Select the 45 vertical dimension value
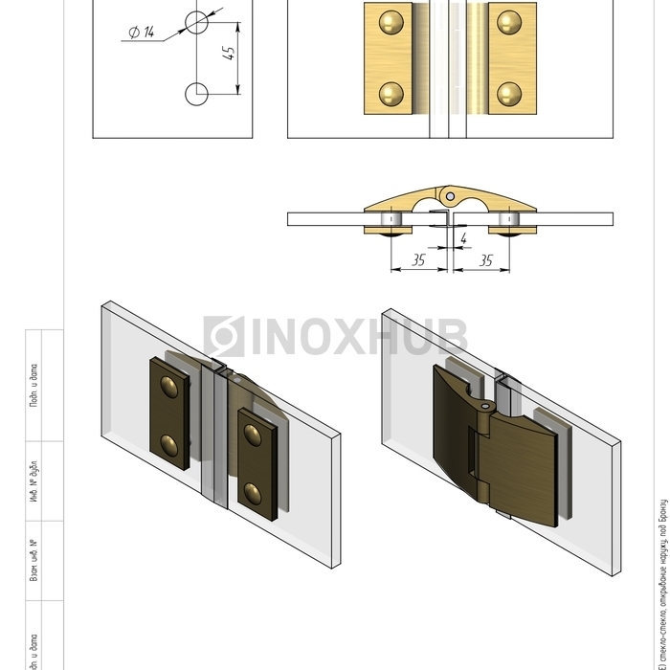tap(229, 54)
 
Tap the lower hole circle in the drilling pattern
tap(195, 94)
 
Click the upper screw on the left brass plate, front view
tap(391, 22)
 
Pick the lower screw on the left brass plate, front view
tap(391, 93)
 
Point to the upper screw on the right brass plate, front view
tap(509, 22)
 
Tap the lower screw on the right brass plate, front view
tap(509, 93)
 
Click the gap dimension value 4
tap(463, 237)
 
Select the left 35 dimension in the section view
tap(418, 259)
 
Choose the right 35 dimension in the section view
tap(485, 259)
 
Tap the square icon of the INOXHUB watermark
tap(224, 337)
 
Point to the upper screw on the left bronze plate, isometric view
tap(169, 387)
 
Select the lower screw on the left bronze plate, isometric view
tap(169, 443)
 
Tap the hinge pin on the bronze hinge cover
tap(487, 408)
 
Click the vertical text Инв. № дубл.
tap(34, 480)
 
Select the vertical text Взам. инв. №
tap(34, 561)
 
